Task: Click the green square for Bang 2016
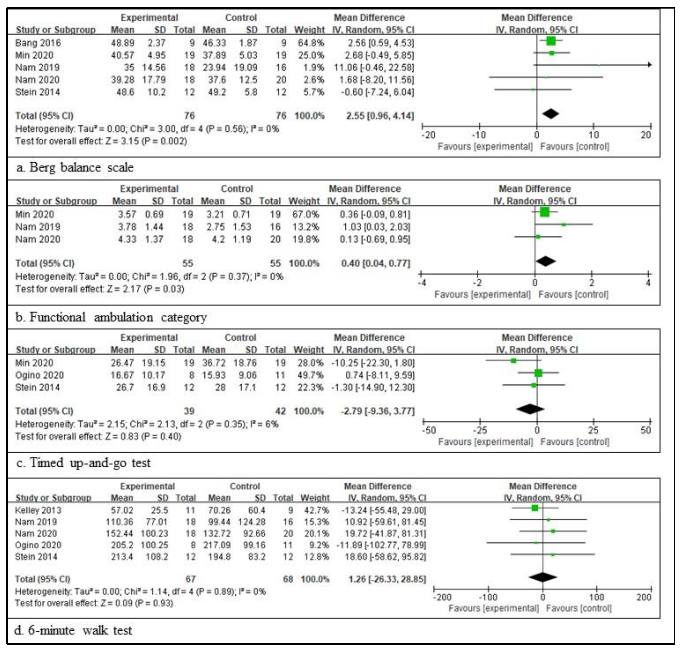pos(550,41)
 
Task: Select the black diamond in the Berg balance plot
pos(550,114)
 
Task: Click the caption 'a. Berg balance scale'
pos(75,167)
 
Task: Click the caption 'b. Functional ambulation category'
pos(111,317)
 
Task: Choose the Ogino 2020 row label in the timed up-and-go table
pos(39,375)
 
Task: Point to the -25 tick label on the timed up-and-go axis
pos(480,430)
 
